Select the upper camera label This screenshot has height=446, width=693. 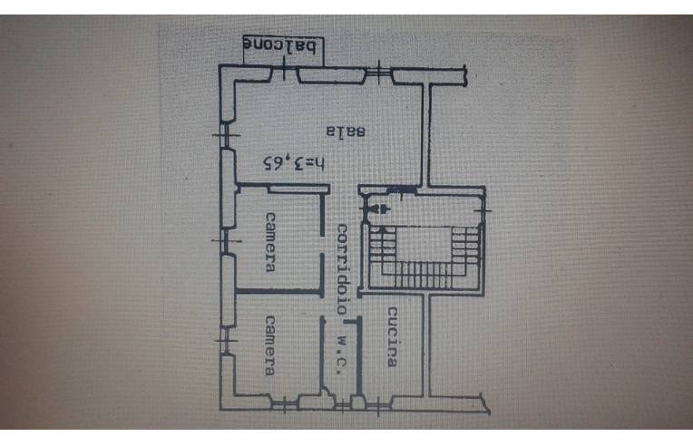(x=270, y=241)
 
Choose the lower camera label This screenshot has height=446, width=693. (x=270, y=344)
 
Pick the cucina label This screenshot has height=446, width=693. (x=392, y=337)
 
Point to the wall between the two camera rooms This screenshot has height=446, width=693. (x=277, y=292)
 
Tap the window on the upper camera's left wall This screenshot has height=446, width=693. (x=223, y=241)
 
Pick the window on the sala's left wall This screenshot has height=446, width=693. (x=223, y=136)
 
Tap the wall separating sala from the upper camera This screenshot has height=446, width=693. (x=277, y=187)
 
